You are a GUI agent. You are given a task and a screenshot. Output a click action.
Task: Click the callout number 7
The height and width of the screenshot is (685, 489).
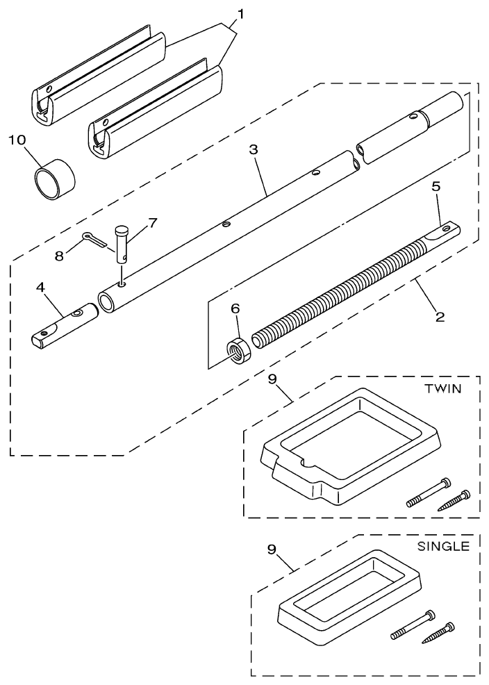152,222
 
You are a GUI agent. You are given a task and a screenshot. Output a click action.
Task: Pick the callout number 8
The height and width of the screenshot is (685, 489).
59,255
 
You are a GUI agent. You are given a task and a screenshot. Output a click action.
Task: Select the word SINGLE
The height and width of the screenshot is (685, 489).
442,547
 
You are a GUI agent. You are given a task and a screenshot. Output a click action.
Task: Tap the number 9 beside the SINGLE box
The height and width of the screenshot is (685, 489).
272,549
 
